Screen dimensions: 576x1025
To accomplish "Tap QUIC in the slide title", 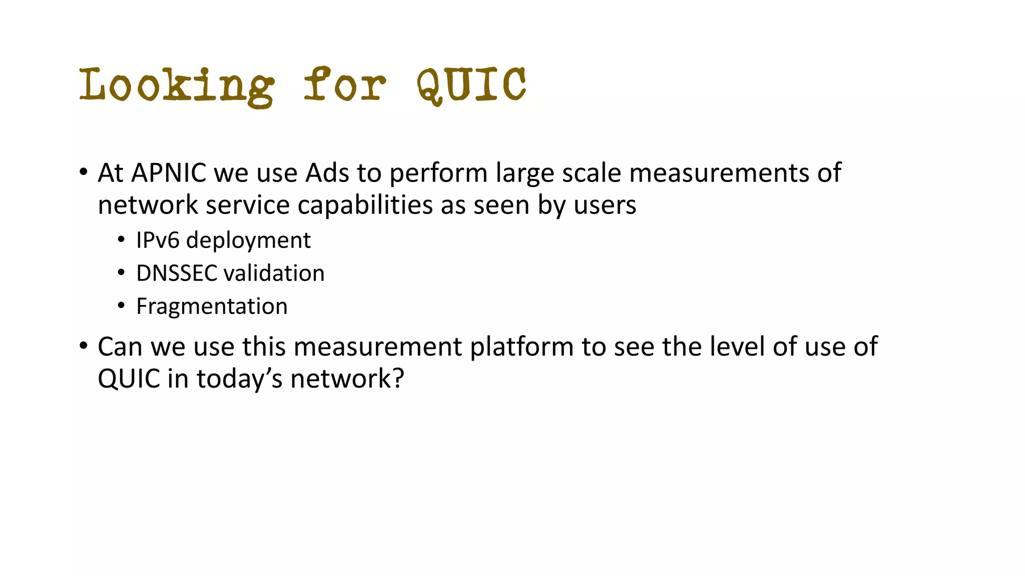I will (471, 85).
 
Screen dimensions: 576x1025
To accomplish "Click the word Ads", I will (327, 173).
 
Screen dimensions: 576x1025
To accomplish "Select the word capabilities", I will (365, 205).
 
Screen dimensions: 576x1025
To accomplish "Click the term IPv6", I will (158, 240).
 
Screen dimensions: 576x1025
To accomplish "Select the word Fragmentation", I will (212, 306).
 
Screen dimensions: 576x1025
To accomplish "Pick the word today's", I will (240, 379).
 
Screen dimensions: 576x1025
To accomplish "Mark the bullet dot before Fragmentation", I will (121, 306).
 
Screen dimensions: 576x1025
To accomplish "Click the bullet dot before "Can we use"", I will (84, 346).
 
